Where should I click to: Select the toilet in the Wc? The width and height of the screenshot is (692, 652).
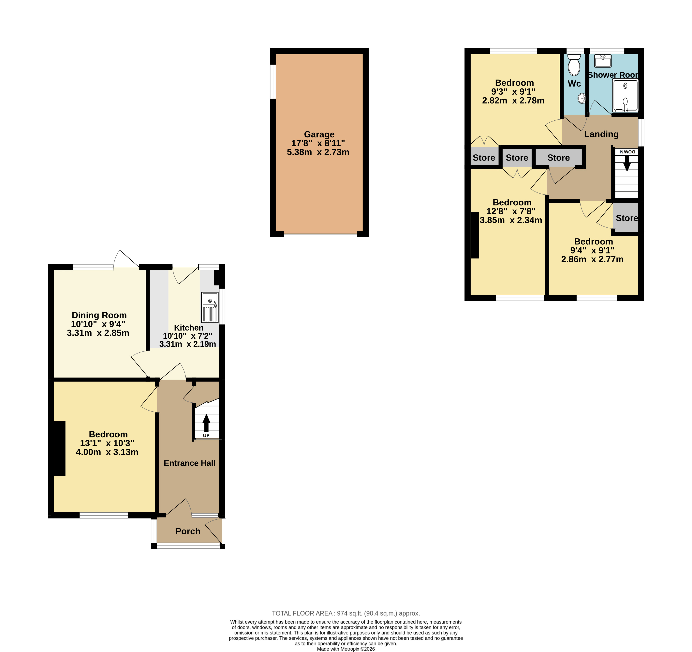(574, 65)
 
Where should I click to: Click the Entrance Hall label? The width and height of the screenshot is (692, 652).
(189, 463)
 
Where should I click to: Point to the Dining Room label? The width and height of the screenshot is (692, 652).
(99, 315)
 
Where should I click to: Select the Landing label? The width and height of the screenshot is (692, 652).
(601, 134)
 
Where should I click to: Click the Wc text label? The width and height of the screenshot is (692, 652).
(574, 84)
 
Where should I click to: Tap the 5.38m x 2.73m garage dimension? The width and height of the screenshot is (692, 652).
(318, 152)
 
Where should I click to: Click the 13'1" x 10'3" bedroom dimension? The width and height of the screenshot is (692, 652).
(107, 443)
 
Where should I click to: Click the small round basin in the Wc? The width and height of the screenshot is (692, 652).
(582, 99)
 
